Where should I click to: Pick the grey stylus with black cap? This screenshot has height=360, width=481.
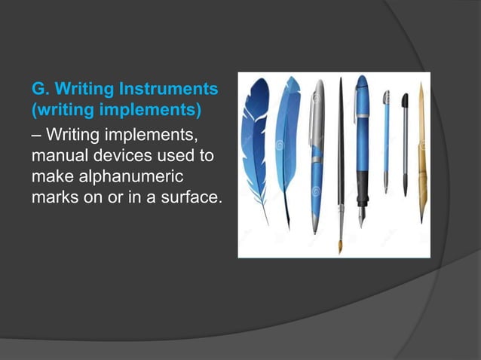tap(405, 143)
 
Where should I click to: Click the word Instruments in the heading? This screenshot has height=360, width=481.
tap(174, 91)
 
